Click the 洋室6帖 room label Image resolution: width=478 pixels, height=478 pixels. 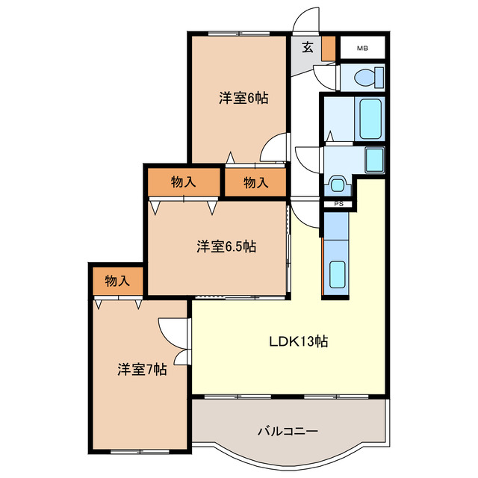[x=244, y=98]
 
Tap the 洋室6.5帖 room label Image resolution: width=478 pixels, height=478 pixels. [x=227, y=246]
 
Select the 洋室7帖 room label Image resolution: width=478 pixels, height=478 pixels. [x=142, y=369]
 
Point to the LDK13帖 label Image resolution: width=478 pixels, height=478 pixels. [x=299, y=341]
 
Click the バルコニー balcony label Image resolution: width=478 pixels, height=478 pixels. [x=288, y=432]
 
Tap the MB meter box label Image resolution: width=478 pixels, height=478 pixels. [x=362, y=49]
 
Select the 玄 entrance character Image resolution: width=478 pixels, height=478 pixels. [x=307, y=48]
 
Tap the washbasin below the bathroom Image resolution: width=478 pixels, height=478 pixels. [x=338, y=184]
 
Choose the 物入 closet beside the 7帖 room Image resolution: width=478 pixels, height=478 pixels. [x=117, y=281]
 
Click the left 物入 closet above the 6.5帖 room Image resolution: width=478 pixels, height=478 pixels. [x=183, y=181]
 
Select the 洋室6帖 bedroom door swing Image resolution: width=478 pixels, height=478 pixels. [x=274, y=146]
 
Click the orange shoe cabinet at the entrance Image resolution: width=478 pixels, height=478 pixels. [x=329, y=48]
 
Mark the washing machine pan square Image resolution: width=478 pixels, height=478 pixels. [x=373, y=158]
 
